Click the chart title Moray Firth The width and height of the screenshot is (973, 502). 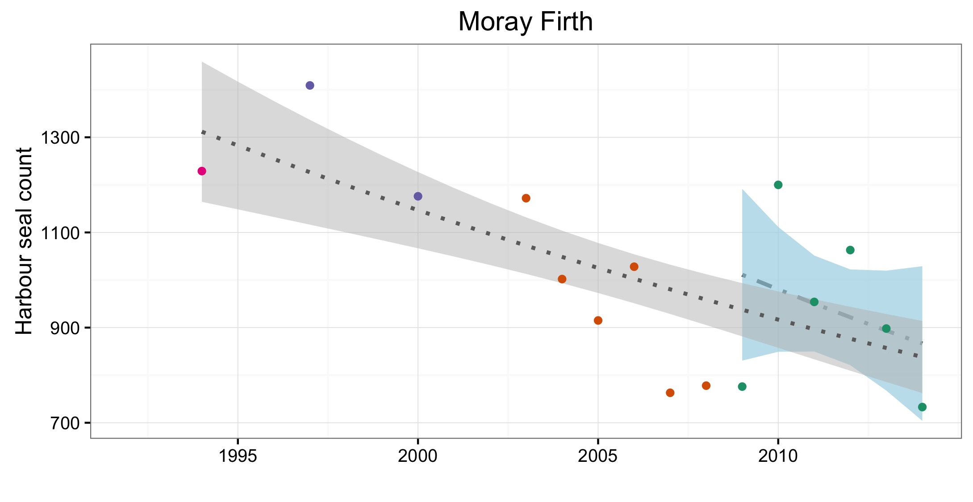[525, 21]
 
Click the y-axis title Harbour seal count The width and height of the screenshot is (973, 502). [24, 241]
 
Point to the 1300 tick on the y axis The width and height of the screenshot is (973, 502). [60, 137]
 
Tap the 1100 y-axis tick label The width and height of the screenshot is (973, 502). [60, 232]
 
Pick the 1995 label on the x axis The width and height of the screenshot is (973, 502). [238, 456]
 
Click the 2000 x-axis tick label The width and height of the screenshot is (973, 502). [418, 456]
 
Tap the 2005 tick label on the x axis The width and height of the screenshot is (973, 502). [598, 456]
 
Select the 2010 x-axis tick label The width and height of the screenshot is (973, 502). [778, 456]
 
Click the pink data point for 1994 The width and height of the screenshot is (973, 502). [202, 171]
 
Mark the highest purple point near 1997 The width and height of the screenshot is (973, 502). [310, 85]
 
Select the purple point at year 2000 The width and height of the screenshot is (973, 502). [418, 196]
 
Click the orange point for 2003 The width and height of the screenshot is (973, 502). [526, 198]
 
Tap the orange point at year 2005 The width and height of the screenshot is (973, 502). [598, 320]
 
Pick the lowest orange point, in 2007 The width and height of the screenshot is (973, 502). [670, 393]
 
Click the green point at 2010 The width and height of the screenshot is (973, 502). [778, 185]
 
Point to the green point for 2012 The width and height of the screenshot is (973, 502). [850, 250]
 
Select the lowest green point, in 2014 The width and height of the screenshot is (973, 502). [922, 407]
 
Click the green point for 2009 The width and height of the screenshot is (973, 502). [742, 386]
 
